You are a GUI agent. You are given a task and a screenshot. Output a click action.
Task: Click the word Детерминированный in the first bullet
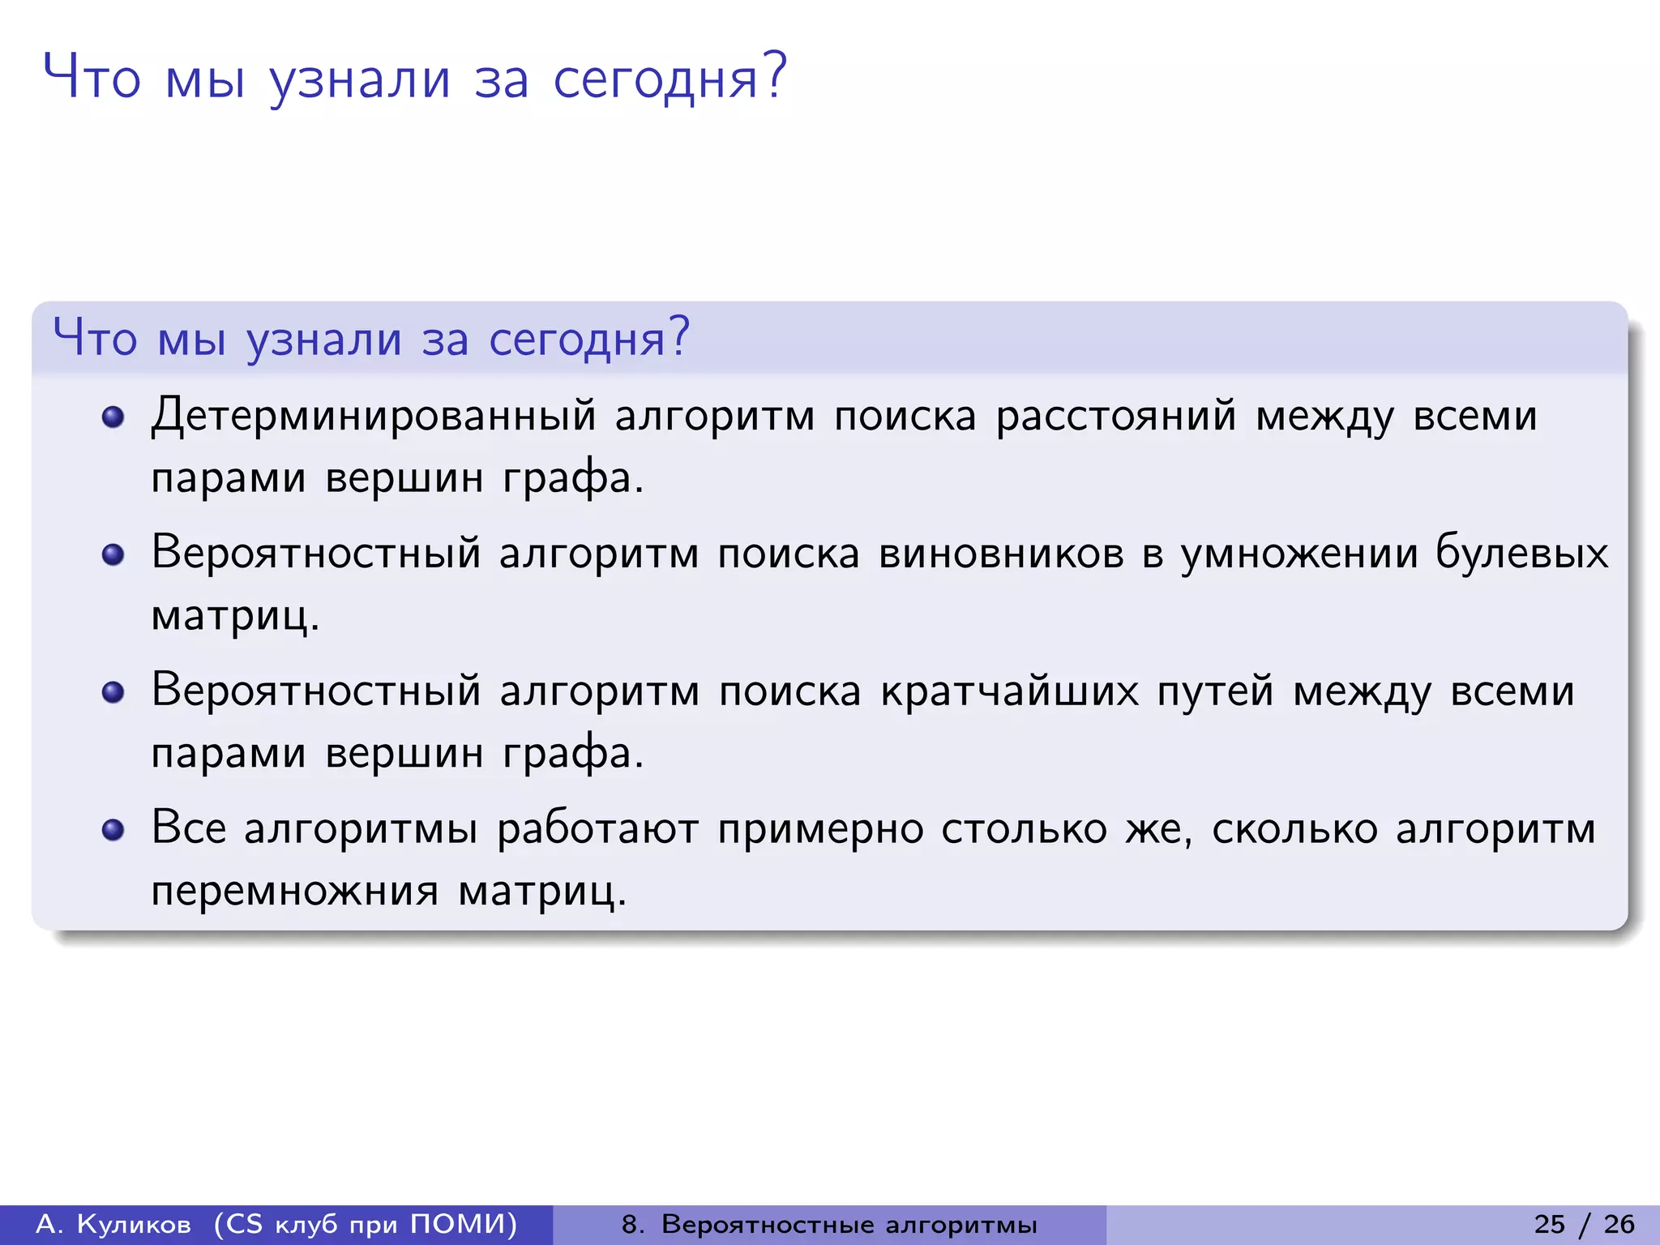click(x=373, y=417)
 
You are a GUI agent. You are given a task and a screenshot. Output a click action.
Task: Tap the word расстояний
click(x=1116, y=417)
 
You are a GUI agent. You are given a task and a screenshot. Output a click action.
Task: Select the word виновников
click(x=1001, y=554)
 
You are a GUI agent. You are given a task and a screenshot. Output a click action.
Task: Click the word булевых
click(x=1521, y=554)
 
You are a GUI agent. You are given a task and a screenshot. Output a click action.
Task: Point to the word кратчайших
click(x=1009, y=692)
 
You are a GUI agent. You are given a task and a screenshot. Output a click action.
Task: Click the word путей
click(x=1215, y=692)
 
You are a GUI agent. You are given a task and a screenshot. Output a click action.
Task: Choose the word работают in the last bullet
click(x=597, y=830)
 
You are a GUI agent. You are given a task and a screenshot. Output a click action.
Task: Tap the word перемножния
click(x=295, y=892)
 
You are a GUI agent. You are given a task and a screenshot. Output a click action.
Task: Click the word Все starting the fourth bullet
click(x=188, y=828)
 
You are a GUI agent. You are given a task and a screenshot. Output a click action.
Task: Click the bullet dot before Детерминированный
click(x=113, y=417)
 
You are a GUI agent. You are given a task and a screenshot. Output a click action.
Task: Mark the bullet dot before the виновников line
click(x=113, y=555)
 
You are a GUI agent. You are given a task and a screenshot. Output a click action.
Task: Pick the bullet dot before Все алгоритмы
click(x=113, y=831)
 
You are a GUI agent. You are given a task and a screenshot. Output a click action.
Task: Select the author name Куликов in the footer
click(x=134, y=1224)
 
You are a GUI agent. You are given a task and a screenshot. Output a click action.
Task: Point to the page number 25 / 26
click(x=1584, y=1224)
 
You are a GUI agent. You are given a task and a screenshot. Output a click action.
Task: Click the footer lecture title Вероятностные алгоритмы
click(x=849, y=1224)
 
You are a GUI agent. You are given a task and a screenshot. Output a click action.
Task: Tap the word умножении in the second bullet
click(x=1298, y=554)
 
